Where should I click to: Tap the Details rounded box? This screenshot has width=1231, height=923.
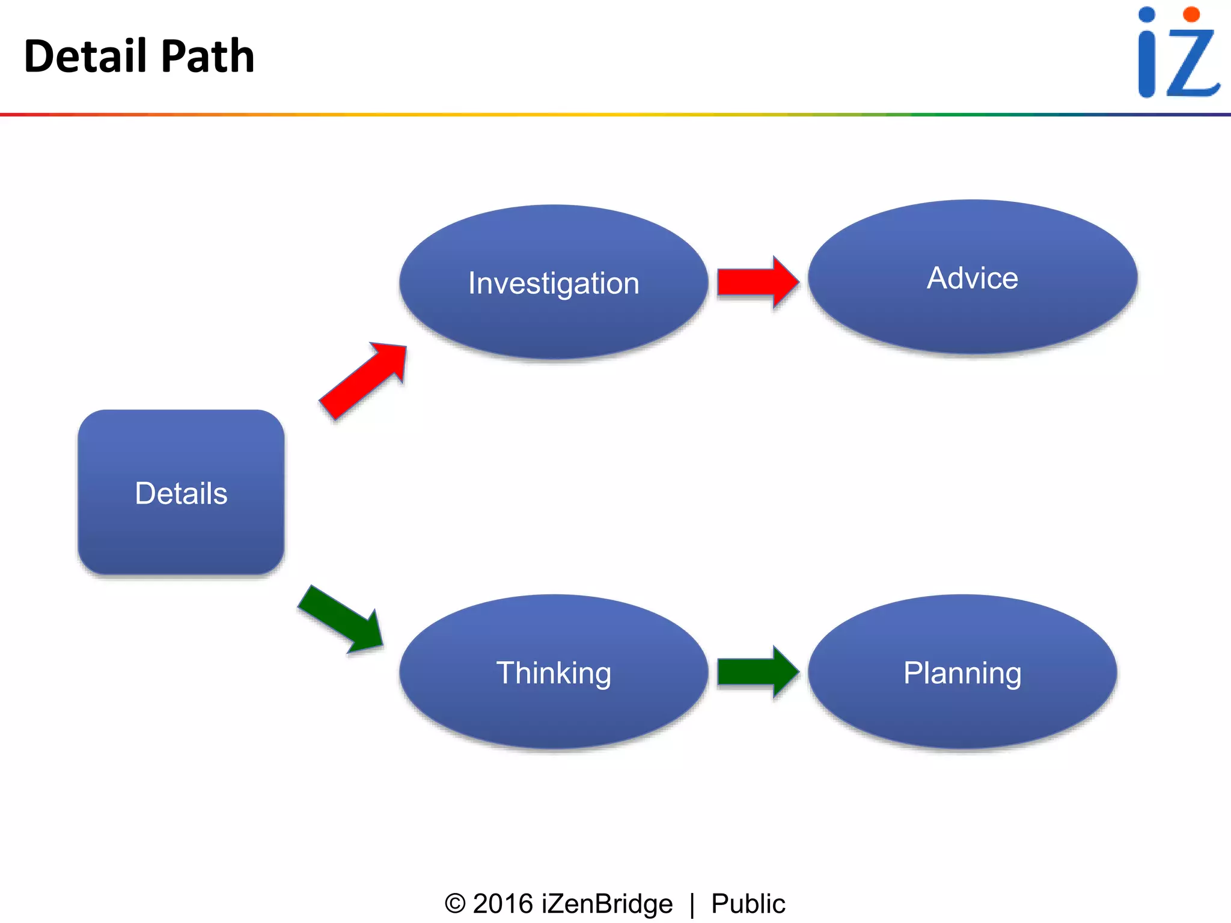click(x=181, y=493)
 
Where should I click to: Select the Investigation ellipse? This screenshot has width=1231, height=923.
click(x=554, y=282)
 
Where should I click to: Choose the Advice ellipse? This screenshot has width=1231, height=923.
click(x=973, y=278)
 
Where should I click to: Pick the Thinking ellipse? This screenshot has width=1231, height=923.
click(x=554, y=672)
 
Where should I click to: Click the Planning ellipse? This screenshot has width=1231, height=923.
click(x=962, y=672)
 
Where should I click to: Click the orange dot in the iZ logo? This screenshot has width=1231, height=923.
click(x=1191, y=14)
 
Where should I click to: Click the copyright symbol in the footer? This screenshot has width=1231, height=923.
click(x=455, y=904)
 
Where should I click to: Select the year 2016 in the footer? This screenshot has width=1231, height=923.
click(x=503, y=904)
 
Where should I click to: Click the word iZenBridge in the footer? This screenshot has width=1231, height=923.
click(x=607, y=904)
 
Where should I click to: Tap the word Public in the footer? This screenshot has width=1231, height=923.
click(x=748, y=904)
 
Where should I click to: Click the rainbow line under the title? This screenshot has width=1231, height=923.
click(x=615, y=114)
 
